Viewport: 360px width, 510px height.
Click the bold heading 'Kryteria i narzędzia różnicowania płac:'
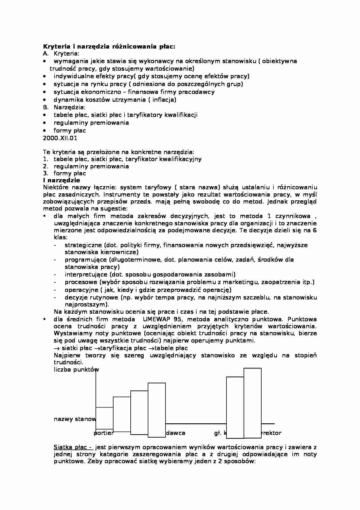click(x=109, y=46)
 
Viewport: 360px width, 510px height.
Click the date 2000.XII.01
click(x=60, y=138)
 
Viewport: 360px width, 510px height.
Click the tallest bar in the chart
click(x=252, y=403)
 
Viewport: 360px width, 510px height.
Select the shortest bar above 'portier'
click(x=104, y=418)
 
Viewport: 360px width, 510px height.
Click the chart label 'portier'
click(x=103, y=433)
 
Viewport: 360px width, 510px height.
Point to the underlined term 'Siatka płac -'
click(x=73, y=447)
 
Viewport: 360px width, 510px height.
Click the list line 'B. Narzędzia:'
click(x=64, y=107)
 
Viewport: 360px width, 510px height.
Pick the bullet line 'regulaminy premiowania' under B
click(x=91, y=122)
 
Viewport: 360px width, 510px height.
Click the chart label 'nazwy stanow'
click(x=75, y=419)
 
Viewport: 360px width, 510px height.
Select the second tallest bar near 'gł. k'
click(x=235, y=407)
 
